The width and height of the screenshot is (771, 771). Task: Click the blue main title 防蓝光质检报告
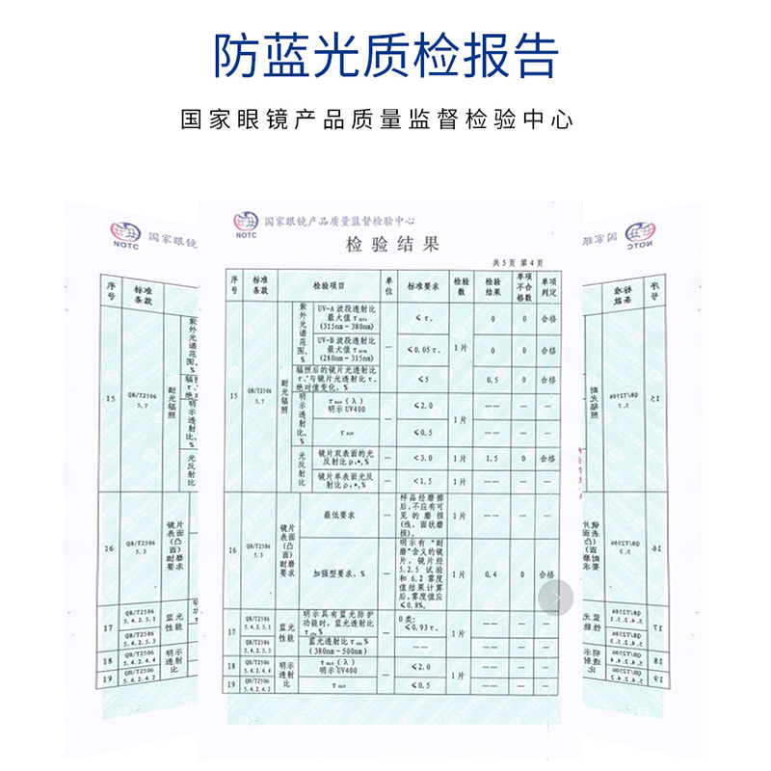(x=385, y=56)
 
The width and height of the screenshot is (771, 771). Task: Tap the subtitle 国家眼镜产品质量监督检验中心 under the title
(x=377, y=120)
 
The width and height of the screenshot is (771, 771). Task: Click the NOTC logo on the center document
(x=245, y=226)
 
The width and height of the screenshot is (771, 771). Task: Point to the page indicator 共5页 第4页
(x=518, y=262)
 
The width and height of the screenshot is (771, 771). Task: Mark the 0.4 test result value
(x=492, y=574)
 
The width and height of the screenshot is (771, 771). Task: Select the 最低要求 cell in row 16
(x=340, y=517)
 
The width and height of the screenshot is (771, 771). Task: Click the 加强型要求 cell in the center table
(x=340, y=574)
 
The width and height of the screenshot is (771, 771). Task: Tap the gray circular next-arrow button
(x=556, y=598)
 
